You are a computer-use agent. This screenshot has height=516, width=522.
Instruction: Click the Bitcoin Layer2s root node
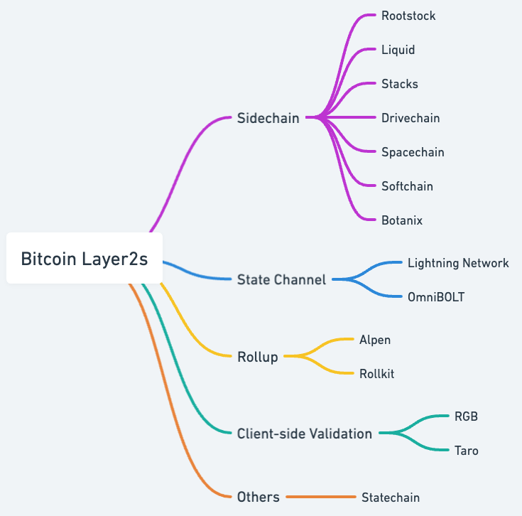85,259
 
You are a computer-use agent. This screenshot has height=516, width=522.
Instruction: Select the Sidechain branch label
268,118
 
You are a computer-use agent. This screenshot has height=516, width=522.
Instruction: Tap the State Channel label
281,279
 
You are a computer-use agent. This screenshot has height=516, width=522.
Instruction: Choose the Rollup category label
258,357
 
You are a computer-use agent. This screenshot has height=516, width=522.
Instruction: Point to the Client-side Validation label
304,434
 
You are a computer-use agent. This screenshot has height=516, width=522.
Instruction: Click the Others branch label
258,497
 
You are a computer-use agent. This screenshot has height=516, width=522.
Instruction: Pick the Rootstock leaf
408,16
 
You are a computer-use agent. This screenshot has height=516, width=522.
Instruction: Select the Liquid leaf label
398,50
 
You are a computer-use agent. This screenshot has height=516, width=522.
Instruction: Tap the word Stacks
399,84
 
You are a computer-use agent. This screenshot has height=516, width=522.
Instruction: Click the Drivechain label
410,118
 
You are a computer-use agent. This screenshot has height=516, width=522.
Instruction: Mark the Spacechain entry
413,152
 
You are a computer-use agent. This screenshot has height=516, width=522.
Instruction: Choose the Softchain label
407,186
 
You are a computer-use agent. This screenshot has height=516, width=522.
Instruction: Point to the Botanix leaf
402,220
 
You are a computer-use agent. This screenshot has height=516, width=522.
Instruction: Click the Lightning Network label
458,263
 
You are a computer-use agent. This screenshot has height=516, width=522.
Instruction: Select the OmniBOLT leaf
436,297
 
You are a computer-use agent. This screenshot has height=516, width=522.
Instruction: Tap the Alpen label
375,340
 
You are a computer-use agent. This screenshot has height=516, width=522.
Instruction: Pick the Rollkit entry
376,374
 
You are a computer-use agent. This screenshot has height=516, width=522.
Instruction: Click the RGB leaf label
466,416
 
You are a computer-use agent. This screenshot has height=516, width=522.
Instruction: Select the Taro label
466,451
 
